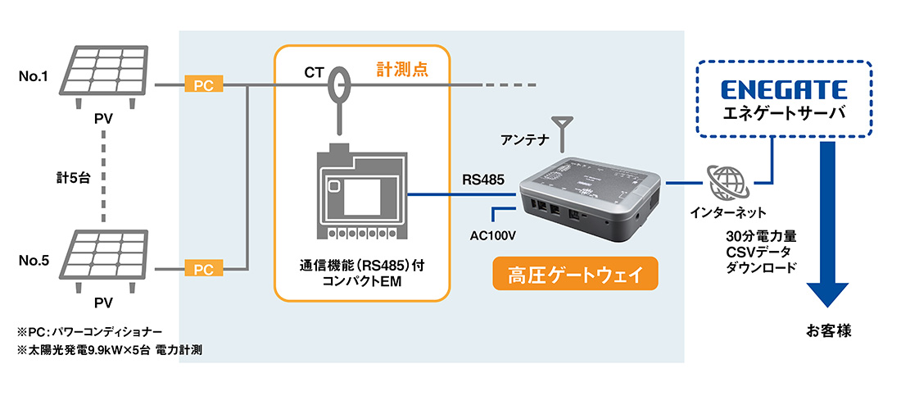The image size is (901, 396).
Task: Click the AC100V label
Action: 493,235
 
